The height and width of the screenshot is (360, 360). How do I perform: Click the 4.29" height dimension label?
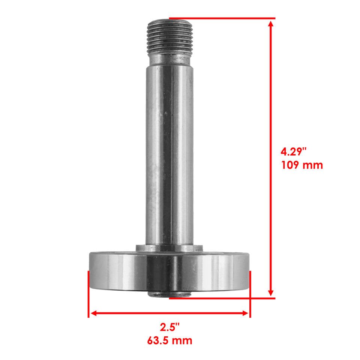tap(294, 152)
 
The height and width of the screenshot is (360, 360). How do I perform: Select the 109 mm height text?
tap(302, 165)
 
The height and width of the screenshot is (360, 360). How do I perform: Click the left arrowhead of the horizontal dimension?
tap(93, 313)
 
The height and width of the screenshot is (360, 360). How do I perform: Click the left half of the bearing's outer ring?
tap(112, 270)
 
